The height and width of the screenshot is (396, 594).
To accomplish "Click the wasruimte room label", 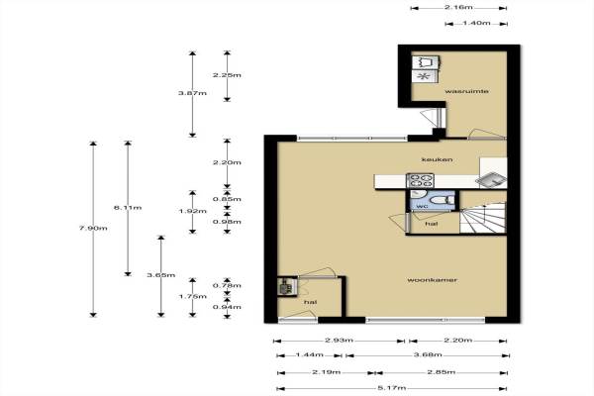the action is pyautogui.click(x=466, y=91).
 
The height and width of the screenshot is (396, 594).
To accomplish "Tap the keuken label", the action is pyautogui.click(x=437, y=159).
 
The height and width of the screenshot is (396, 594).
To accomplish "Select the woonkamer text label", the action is pyautogui.click(x=433, y=280).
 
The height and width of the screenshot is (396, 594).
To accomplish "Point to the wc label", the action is pyautogui.click(x=422, y=206).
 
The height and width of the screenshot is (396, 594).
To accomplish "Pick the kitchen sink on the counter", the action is pyautogui.click(x=491, y=179).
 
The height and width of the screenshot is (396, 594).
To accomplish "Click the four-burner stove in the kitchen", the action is pyautogui.click(x=420, y=180).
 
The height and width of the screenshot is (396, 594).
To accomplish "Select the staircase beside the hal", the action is pyautogui.click(x=483, y=218).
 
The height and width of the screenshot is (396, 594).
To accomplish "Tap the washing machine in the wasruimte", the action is pyautogui.click(x=426, y=61).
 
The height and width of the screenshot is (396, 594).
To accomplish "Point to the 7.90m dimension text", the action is pyautogui.click(x=93, y=228).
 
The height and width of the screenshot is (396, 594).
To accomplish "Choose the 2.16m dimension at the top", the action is pyautogui.click(x=458, y=8).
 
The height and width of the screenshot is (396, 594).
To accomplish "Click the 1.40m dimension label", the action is pyautogui.click(x=476, y=23).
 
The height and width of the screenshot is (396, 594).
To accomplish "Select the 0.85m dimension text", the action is pyautogui.click(x=227, y=199).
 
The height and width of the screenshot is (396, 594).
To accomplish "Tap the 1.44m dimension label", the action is pyautogui.click(x=309, y=355).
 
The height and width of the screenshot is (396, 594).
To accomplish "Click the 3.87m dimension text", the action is pyautogui.click(x=192, y=93).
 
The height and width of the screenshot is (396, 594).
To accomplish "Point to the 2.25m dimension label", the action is pyautogui.click(x=227, y=75).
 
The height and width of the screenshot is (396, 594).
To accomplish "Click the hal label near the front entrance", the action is pyautogui.click(x=310, y=302).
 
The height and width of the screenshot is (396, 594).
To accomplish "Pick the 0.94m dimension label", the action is pyautogui.click(x=227, y=307).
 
